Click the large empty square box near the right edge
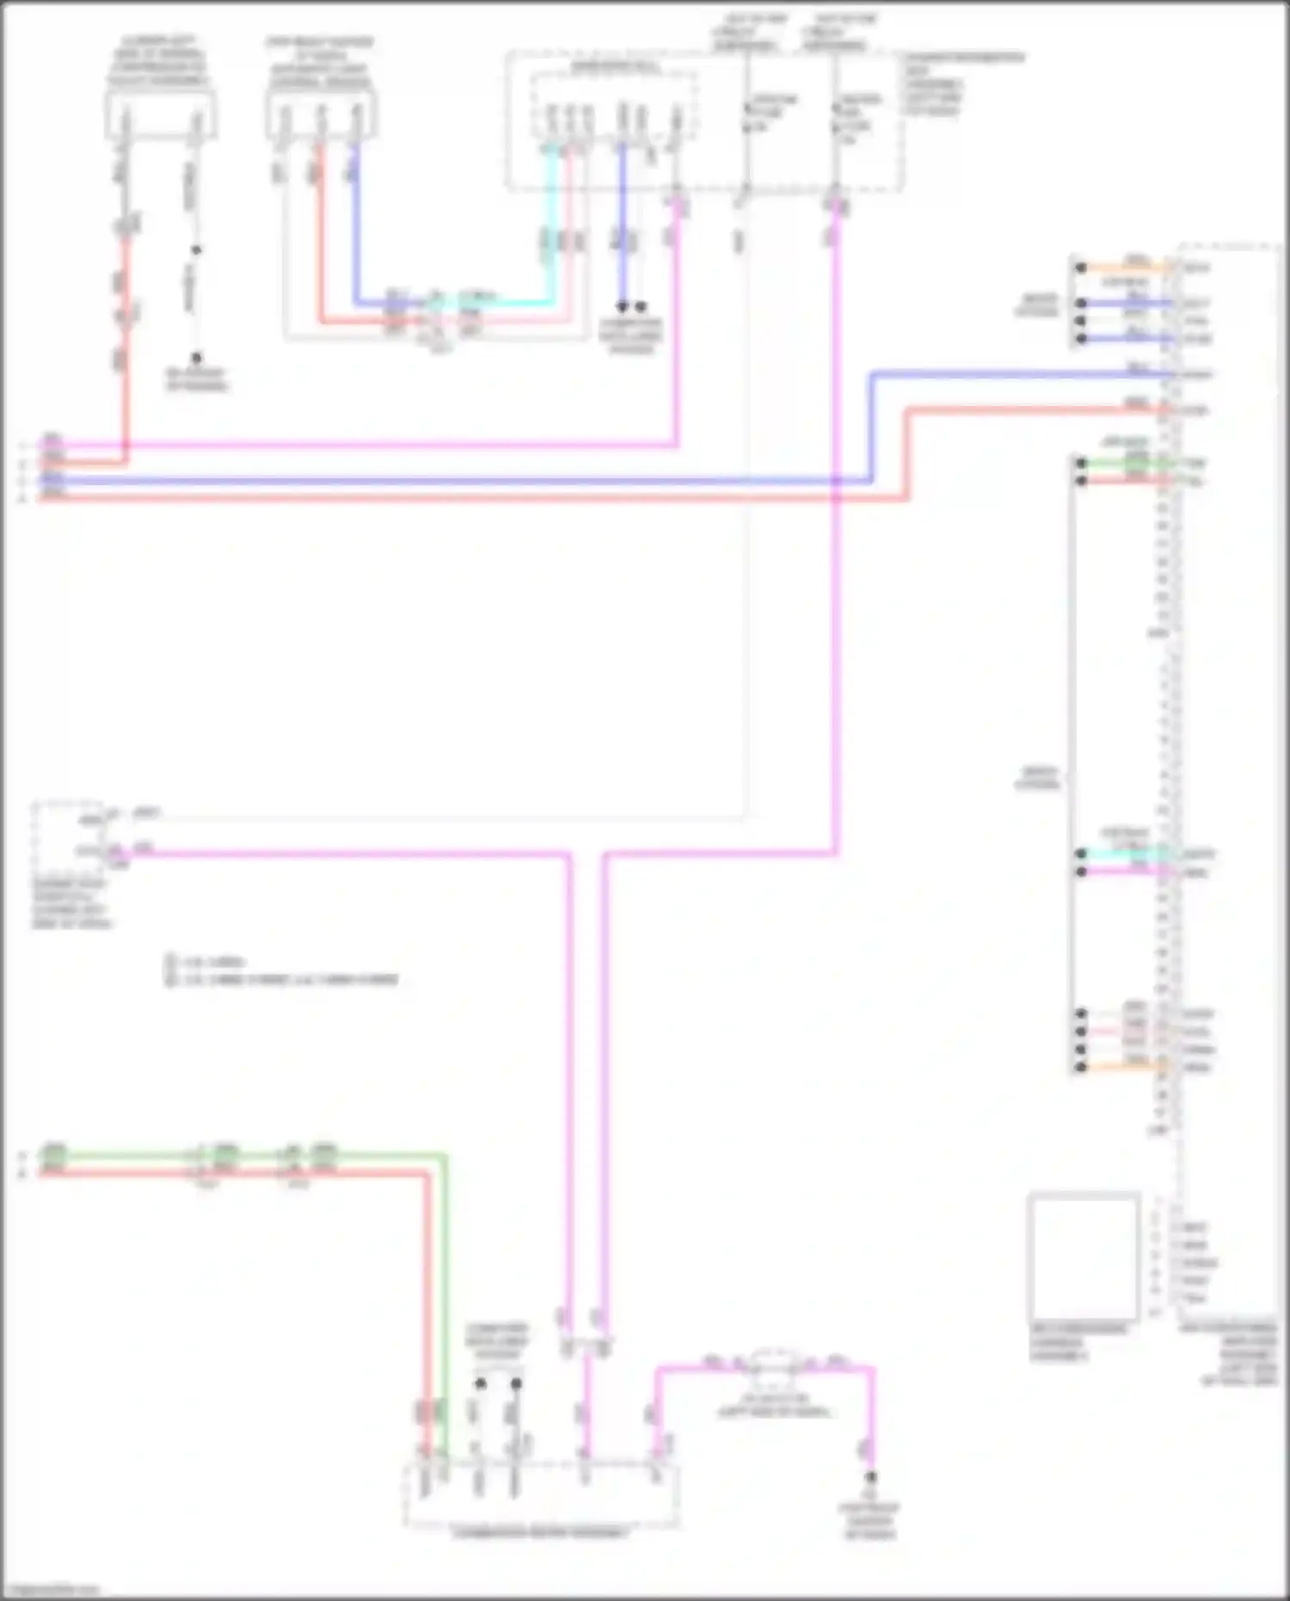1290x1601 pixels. pyautogui.click(x=1083, y=1257)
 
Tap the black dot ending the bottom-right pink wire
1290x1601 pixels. pyautogui.click(x=870, y=1477)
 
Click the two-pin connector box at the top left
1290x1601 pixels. pyautogui.click(x=160, y=116)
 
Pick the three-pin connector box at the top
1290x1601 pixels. pyautogui.click(x=320, y=116)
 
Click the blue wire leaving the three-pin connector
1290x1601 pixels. pyautogui.click(x=355, y=224)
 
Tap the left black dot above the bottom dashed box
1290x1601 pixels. pyautogui.click(x=480, y=1383)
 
